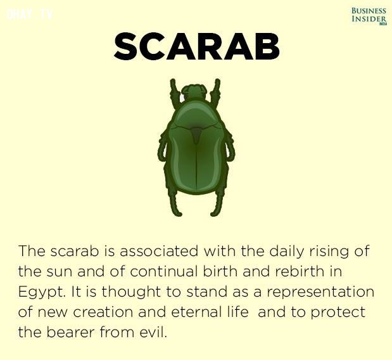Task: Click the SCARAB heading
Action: pos(196,46)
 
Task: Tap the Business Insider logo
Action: pos(369,16)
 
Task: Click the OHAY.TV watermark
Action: pos(30,14)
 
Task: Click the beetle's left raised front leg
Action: pos(175,91)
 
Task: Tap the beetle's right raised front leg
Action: pos(215,91)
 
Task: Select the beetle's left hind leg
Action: pos(175,203)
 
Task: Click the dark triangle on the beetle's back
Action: pos(196,135)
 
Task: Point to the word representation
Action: pos(320,292)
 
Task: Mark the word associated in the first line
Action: pos(159,251)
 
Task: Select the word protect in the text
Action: pos(338,312)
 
